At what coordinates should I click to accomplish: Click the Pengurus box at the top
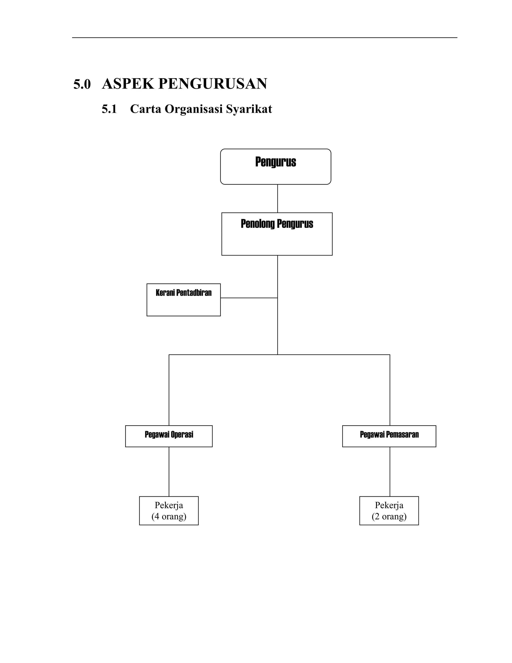pos(275,166)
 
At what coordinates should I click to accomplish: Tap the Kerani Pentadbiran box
pos(183,300)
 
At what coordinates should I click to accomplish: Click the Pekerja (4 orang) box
pos(169,511)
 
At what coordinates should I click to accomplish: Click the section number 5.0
pos(82,84)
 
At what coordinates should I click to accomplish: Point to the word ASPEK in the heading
pos(128,84)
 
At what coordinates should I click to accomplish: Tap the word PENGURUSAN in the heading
pos(212,84)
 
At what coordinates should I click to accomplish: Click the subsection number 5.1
pos(109,109)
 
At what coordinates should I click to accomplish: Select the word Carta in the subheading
pos(145,109)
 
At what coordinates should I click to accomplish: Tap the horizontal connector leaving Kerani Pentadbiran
pos(249,298)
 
